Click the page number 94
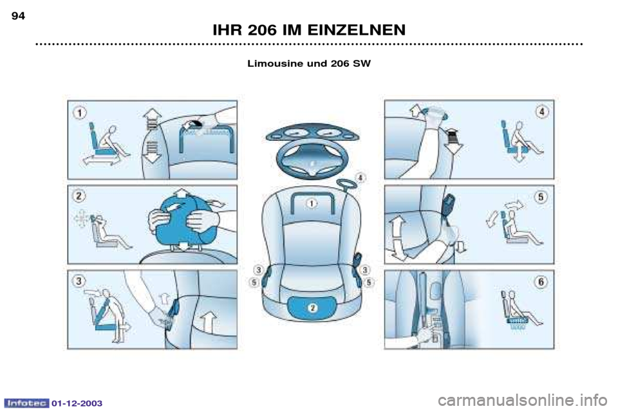pyautogui.click(x=18, y=15)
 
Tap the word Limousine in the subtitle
pyautogui.click(x=275, y=64)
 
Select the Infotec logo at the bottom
pyautogui.click(x=26, y=403)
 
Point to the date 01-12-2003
pyautogui.click(x=77, y=403)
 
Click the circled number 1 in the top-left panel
pyautogui.click(x=80, y=113)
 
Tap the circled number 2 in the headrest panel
pyautogui.click(x=79, y=196)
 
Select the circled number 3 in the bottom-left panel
pyautogui.click(x=79, y=280)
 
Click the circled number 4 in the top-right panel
pyautogui.click(x=542, y=112)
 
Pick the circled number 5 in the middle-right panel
pyautogui.click(x=541, y=196)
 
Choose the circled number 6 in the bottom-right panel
pyautogui.click(x=541, y=282)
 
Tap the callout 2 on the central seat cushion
pyautogui.click(x=313, y=307)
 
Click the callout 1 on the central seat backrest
pyautogui.click(x=312, y=203)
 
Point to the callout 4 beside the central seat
pyautogui.click(x=360, y=178)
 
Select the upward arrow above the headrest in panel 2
pyautogui.click(x=181, y=193)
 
